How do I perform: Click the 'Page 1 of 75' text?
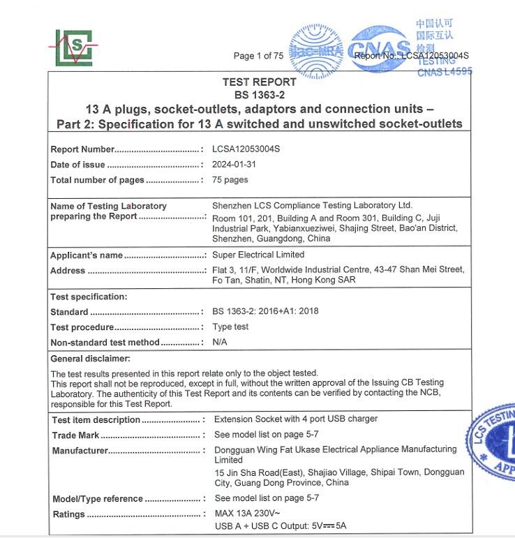[x=258, y=56]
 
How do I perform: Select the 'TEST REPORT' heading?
[x=259, y=82]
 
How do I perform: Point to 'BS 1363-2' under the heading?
[x=259, y=95]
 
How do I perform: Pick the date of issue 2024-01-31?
[x=235, y=165]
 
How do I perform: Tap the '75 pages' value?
[x=230, y=180]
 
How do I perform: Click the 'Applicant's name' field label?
[x=87, y=255]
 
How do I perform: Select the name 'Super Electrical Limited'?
[x=258, y=255]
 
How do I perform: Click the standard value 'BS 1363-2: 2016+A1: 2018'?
[x=265, y=311]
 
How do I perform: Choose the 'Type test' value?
[x=230, y=327]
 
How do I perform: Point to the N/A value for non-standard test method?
[x=220, y=342]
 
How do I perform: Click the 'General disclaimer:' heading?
[x=91, y=359]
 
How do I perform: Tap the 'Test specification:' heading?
[x=89, y=297]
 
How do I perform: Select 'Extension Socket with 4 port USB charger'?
[x=296, y=419]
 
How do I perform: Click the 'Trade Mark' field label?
[x=75, y=435]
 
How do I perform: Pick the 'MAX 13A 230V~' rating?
[x=247, y=514]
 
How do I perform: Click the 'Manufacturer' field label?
[x=80, y=451]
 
